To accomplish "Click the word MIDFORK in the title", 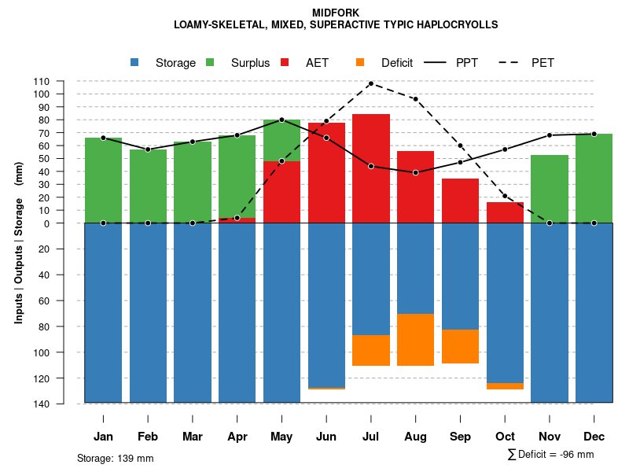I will tap(336, 13).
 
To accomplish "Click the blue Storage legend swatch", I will tap(135, 62).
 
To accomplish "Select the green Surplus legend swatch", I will tap(210, 62).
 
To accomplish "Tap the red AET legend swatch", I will tap(285, 62).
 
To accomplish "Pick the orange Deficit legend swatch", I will tap(360, 62).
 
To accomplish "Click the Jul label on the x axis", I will tap(371, 437).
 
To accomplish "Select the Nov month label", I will tap(550, 437).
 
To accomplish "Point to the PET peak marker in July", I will tap(371, 83).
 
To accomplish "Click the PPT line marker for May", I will tap(281, 120).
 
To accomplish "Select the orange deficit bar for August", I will tap(415, 340).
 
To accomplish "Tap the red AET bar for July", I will tap(371, 168).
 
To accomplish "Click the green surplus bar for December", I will tap(594, 179).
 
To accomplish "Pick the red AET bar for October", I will tap(505, 212).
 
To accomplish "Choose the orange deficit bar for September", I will tap(460, 346).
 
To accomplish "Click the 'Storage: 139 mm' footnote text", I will tap(116, 458).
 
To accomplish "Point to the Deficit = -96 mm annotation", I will tap(550, 455).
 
